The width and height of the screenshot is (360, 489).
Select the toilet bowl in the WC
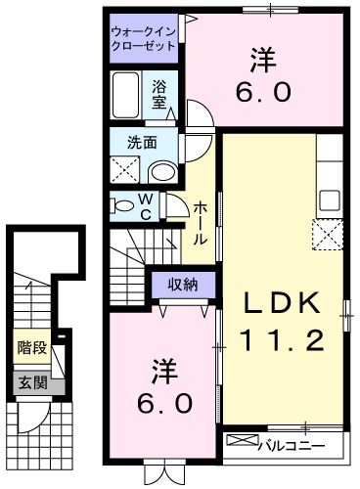click(123, 204)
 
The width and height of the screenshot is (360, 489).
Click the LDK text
click(282, 303)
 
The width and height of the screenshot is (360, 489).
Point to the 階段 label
click(30, 346)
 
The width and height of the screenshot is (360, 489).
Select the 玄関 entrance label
click(30, 382)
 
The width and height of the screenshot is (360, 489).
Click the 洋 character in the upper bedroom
click(261, 61)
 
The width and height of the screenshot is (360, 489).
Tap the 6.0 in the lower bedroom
click(164, 402)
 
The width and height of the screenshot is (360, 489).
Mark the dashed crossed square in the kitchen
click(326, 235)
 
